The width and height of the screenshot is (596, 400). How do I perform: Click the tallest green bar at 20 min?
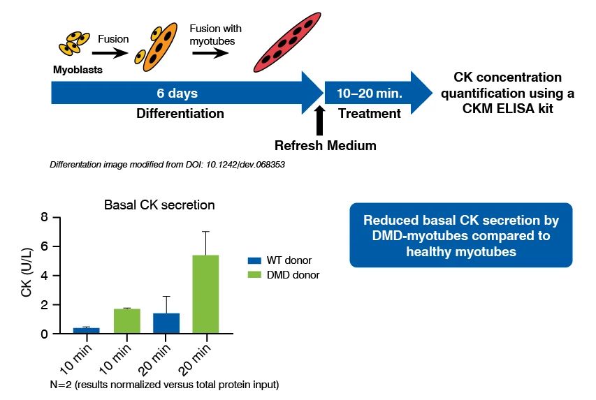click(x=205, y=294)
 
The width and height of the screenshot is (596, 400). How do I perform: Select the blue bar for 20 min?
click(x=166, y=323)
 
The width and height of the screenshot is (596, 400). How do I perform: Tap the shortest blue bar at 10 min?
click(x=86, y=330)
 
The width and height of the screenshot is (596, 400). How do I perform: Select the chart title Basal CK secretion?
click(x=159, y=205)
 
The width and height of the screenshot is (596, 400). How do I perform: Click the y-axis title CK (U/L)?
click(x=26, y=276)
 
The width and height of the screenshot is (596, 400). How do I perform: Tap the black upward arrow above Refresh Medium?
click(x=321, y=119)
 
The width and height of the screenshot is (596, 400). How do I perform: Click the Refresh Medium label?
click(x=325, y=146)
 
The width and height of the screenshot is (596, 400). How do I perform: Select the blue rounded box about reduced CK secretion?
click(x=460, y=235)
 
